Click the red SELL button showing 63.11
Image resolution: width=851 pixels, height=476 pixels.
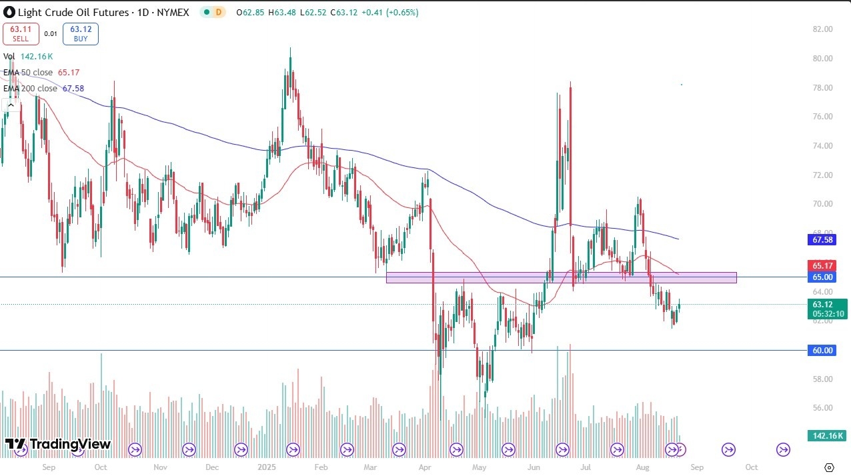(x=21, y=34)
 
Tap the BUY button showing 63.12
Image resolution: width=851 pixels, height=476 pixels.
(x=81, y=34)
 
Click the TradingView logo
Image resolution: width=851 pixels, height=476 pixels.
(x=58, y=445)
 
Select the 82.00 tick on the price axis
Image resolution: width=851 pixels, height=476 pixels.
(x=823, y=29)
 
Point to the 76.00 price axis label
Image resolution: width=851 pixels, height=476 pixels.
(x=823, y=117)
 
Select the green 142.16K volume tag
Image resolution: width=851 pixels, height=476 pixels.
(x=826, y=436)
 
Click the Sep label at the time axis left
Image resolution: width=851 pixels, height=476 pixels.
(x=48, y=468)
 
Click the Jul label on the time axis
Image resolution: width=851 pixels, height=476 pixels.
(x=585, y=468)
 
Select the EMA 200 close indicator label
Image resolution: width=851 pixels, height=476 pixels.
(x=30, y=88)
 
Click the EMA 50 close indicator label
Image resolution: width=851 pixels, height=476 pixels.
(x=28, y=72)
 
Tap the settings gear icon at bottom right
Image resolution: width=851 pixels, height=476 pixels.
(x=829, y=467)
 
